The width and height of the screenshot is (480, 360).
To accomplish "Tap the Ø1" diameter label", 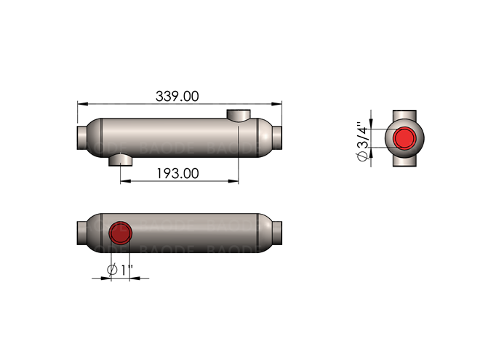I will [119, 270].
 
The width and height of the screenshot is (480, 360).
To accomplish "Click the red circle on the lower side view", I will [119, 233].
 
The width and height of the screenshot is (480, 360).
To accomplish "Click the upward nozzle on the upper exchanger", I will [238, 116].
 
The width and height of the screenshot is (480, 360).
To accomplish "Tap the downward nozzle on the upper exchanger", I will [121, 159].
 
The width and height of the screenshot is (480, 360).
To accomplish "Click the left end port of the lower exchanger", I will [81, 233].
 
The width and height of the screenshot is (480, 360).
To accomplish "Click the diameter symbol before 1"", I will [113, 270].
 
